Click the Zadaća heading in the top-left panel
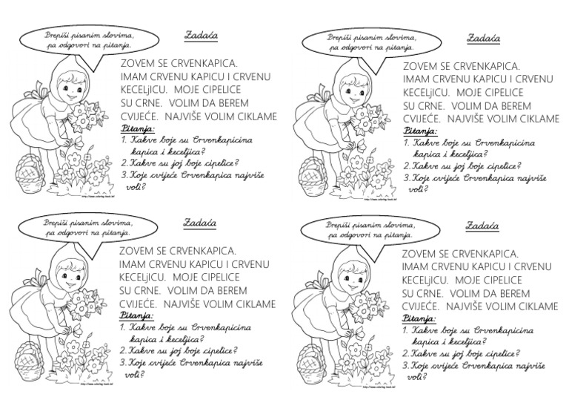pyautogui.click(x=196, y=34)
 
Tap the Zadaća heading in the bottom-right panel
pyautogui.click(x=482, y=226)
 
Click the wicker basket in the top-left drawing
pyautogui.click(x=27, y=173)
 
